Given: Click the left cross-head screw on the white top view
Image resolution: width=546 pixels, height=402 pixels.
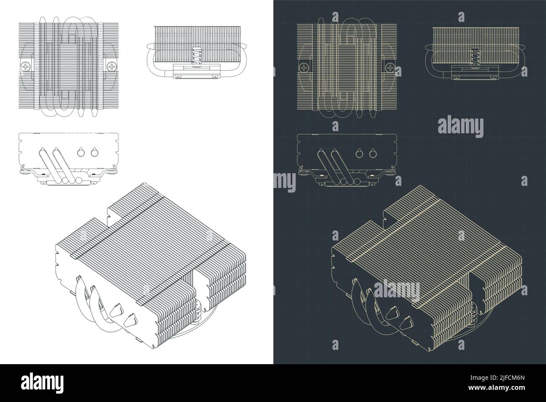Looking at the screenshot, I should pyautogui.click(x=26, y=66).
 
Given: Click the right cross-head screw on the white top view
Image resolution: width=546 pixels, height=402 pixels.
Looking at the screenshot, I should pyautogui.click(x=112, y=66).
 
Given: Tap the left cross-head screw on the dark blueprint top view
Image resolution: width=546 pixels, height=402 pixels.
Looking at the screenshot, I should pyautogui.click(x=304, y=67).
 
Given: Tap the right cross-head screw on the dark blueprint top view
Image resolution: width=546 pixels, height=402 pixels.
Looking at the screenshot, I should pyautogui.click(x=390, y=67).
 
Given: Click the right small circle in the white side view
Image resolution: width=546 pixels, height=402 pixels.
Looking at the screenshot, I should pyautogui.click(x=94, y=152).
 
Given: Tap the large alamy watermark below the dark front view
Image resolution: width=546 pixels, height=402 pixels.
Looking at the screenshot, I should pyautogui.click(x=461, y=126).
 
